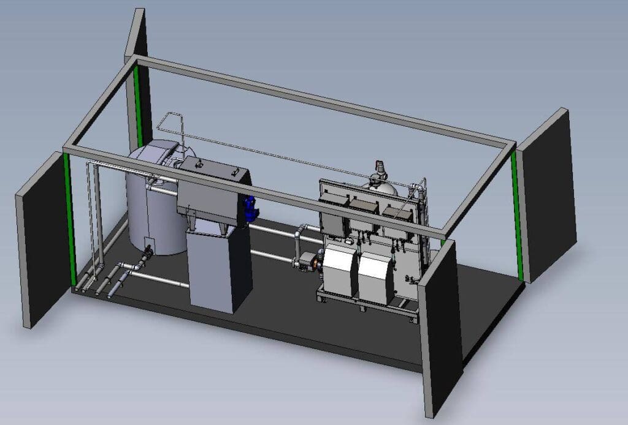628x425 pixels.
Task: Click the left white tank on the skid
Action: pos(340,269)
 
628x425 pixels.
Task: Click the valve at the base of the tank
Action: pos(147,253)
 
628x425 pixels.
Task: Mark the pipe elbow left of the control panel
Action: pos(299,233)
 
